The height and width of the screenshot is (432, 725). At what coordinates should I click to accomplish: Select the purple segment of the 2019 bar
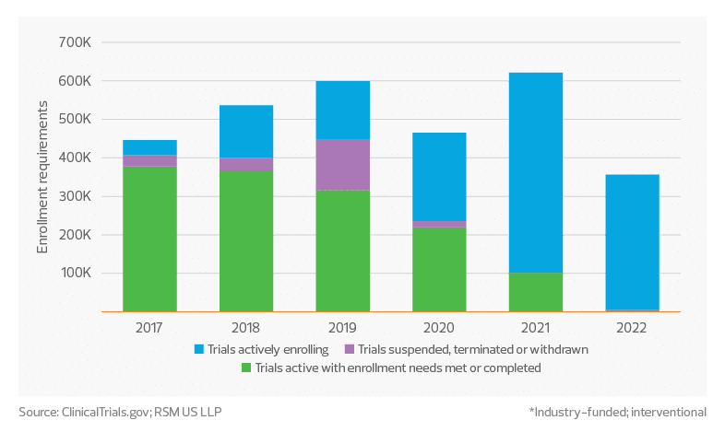342,165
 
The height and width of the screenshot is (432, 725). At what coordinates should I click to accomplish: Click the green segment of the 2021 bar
536,292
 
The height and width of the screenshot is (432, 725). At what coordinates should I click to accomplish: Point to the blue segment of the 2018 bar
246,131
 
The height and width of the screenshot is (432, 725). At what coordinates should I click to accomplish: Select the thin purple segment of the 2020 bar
439,224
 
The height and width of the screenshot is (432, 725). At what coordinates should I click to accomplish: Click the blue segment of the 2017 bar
149,147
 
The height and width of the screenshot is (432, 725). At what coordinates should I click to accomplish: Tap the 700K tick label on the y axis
75,42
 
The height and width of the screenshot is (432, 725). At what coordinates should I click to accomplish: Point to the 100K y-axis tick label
75,274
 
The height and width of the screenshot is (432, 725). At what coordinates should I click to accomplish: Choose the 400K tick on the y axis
75,158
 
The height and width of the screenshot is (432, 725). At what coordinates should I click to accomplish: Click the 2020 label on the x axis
439,329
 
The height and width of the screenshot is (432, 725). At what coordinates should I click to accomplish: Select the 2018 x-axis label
246,329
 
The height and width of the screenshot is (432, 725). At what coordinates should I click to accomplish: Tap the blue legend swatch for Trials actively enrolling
198,350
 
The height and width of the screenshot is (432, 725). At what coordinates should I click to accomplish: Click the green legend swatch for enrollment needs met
245,368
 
